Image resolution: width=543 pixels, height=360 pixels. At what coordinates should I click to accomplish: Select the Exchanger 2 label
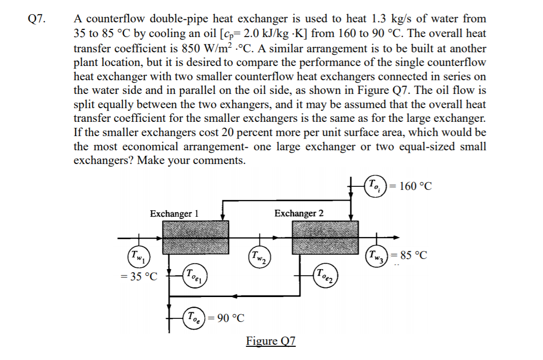click(x=299, y=213)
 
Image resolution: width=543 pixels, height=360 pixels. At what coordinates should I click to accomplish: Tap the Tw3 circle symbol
click(x=377, y=254)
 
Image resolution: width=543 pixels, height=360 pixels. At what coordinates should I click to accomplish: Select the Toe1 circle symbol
click(x=195, y=277)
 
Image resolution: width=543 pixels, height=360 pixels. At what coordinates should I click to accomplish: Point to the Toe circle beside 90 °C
click(x=194, y=318)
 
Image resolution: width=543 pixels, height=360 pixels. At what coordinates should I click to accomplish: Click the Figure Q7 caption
click(x=271, y=341)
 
